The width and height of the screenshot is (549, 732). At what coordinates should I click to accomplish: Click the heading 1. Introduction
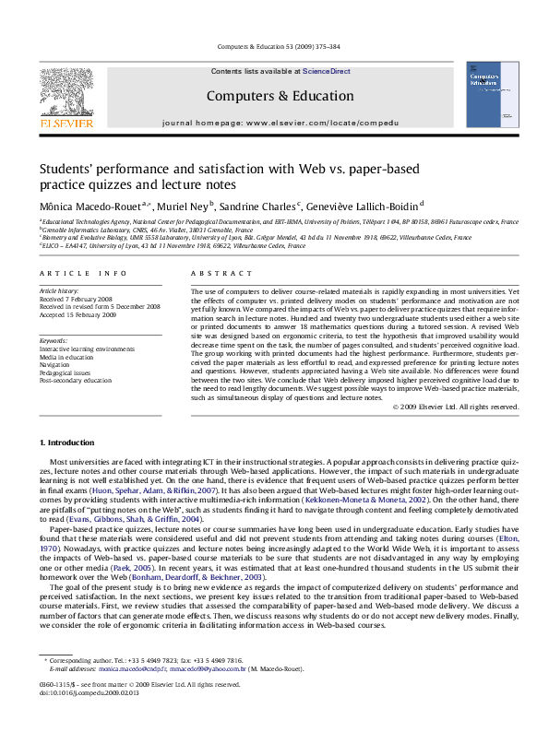click(x=69, y=444)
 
